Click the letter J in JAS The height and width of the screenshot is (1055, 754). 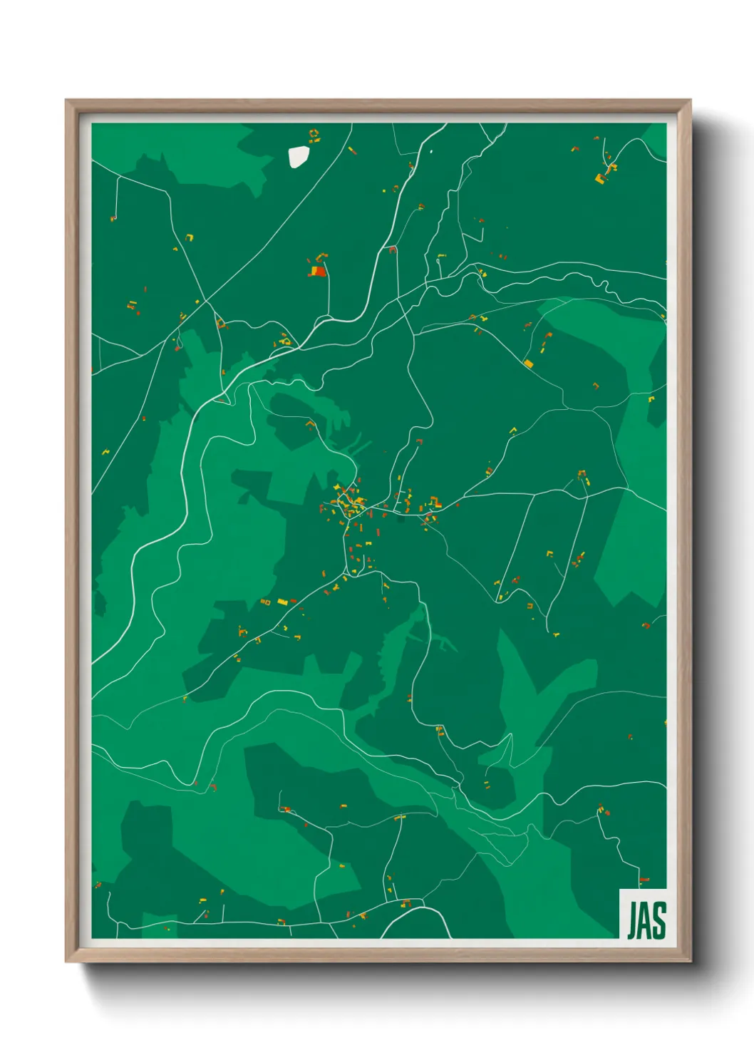click(x=632, y=920)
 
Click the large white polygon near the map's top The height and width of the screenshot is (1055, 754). click(x=298, y=157)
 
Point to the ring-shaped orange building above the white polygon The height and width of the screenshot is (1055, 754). click(x=313, y=134)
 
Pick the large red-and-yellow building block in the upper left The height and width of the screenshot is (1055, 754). click(x=316, y=270)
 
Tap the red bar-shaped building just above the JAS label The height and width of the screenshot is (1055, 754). click(x=644, y=880)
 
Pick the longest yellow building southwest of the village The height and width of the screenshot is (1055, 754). click(x=282, y=602)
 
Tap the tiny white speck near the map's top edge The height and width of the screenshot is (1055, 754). click(x=431, y=151)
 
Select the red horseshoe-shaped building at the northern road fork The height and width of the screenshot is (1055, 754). click(x=392, y=249)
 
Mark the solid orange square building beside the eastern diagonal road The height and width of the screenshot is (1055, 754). click(x=528, y=364)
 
